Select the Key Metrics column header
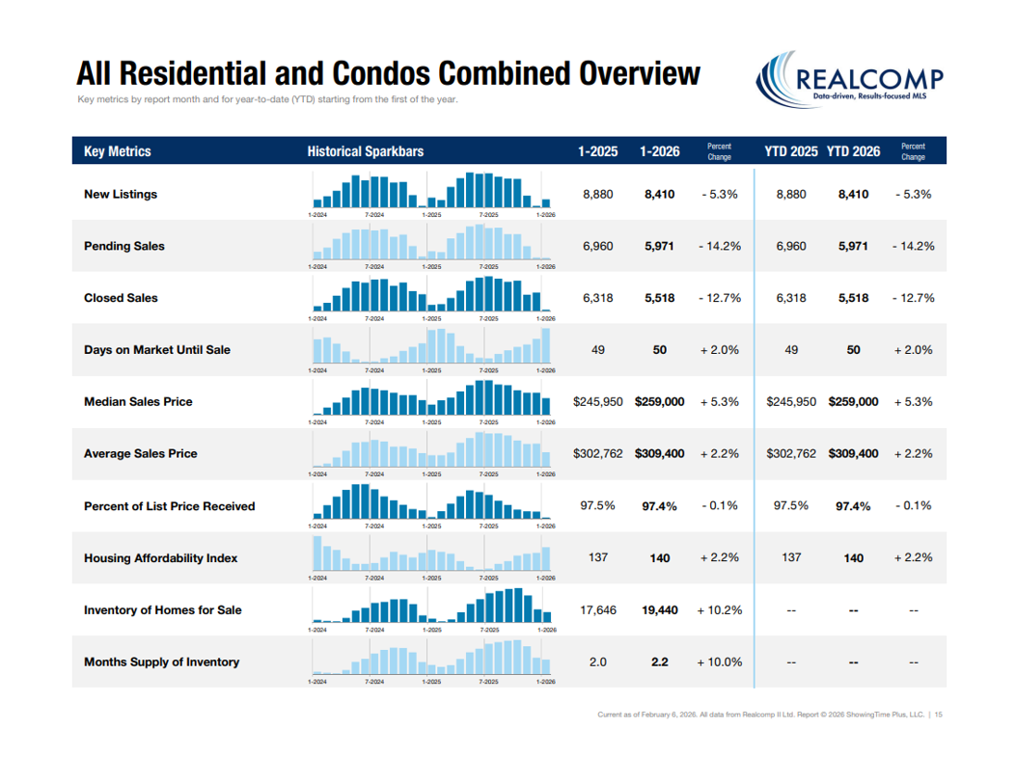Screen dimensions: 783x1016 118,151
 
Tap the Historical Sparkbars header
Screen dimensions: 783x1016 365,151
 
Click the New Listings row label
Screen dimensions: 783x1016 121,194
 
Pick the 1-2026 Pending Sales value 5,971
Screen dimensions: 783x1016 660,246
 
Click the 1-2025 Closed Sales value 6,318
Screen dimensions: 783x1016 598,298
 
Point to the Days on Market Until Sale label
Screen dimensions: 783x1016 157,350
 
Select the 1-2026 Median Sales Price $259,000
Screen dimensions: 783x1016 660,401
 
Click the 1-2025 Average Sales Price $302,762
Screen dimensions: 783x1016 598,453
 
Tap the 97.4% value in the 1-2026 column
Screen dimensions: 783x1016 660,506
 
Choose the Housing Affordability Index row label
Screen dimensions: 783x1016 160,558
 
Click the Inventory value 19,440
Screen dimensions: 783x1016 660,610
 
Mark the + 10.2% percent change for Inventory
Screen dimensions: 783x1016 720,610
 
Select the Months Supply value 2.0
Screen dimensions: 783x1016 598,662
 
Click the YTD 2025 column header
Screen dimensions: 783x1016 791,151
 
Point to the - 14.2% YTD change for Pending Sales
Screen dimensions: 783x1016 913,246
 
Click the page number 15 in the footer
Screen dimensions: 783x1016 939,715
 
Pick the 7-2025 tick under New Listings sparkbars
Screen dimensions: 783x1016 489,214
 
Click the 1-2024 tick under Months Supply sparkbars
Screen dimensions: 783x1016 316,682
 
